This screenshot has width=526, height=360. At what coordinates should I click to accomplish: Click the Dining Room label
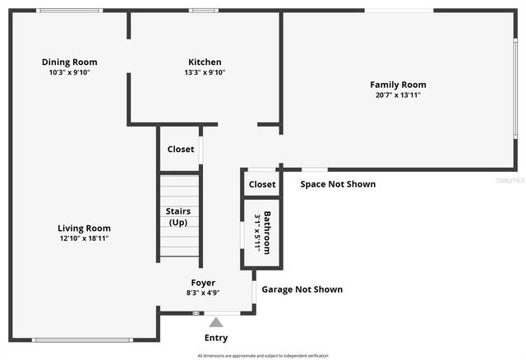[70, 62]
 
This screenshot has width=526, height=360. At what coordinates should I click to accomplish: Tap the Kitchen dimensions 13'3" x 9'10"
[205, 72]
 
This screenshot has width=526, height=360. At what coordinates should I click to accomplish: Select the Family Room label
[398, 85]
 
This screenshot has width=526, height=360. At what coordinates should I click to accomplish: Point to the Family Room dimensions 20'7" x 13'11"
[398, 95]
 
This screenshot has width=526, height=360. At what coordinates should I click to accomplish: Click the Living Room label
[84, 228]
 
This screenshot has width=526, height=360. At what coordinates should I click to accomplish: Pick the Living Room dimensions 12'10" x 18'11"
[84, 238]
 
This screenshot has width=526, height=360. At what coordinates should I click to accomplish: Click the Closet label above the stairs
[181, 150]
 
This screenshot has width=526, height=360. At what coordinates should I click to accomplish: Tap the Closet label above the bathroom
[262, 184]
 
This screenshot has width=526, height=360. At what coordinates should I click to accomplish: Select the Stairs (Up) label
[179, 217]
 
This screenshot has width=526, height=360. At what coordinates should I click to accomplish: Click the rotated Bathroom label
[267, 233]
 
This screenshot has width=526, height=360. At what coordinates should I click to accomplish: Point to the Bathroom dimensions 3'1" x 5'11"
[257, 233]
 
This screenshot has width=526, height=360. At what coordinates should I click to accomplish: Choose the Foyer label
[204, 282]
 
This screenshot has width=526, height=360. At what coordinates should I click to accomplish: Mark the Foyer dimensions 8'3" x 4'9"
[204, 293]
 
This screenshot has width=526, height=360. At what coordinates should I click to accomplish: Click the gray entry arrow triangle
[216, 322]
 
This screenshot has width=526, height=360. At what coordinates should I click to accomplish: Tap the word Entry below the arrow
[216, 338]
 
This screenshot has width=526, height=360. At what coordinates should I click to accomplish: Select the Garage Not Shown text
[302, 289]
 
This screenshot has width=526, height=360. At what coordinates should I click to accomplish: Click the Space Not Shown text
[338, 184]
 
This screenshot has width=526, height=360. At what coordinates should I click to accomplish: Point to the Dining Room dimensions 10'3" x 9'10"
[70, 72]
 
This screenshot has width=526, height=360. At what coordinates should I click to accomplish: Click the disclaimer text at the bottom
[263, 356]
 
